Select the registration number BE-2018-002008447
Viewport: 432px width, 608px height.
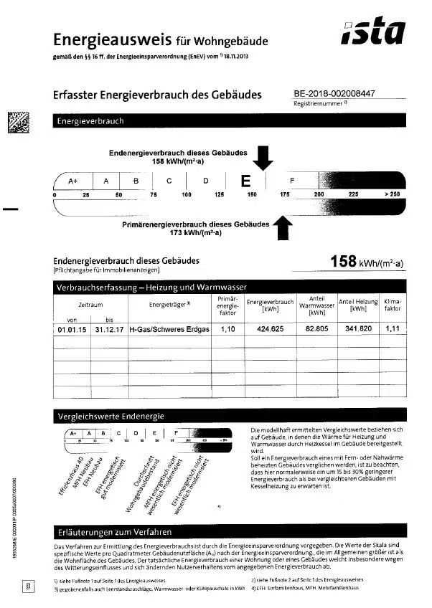tap(334, 94)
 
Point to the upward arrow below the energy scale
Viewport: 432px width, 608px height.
tap(283, 227)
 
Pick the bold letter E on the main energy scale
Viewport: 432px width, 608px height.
tap(246, 181)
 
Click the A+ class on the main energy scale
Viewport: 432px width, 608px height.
tap(72, 181)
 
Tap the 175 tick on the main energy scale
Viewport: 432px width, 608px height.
tap(284, 194)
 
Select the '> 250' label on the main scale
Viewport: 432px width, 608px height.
tap(392, 194)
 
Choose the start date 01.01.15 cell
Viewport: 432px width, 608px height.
tap(71, 329)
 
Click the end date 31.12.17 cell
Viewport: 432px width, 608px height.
tap(109, 329)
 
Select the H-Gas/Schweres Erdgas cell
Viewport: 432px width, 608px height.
tap(169, 329)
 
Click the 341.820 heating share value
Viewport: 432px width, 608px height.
tap(358, 329)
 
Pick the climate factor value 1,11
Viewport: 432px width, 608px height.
tap(392, 329)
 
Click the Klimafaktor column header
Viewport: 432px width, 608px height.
tap(392, 307)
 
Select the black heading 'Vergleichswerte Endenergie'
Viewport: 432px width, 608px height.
tap(111, 416)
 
